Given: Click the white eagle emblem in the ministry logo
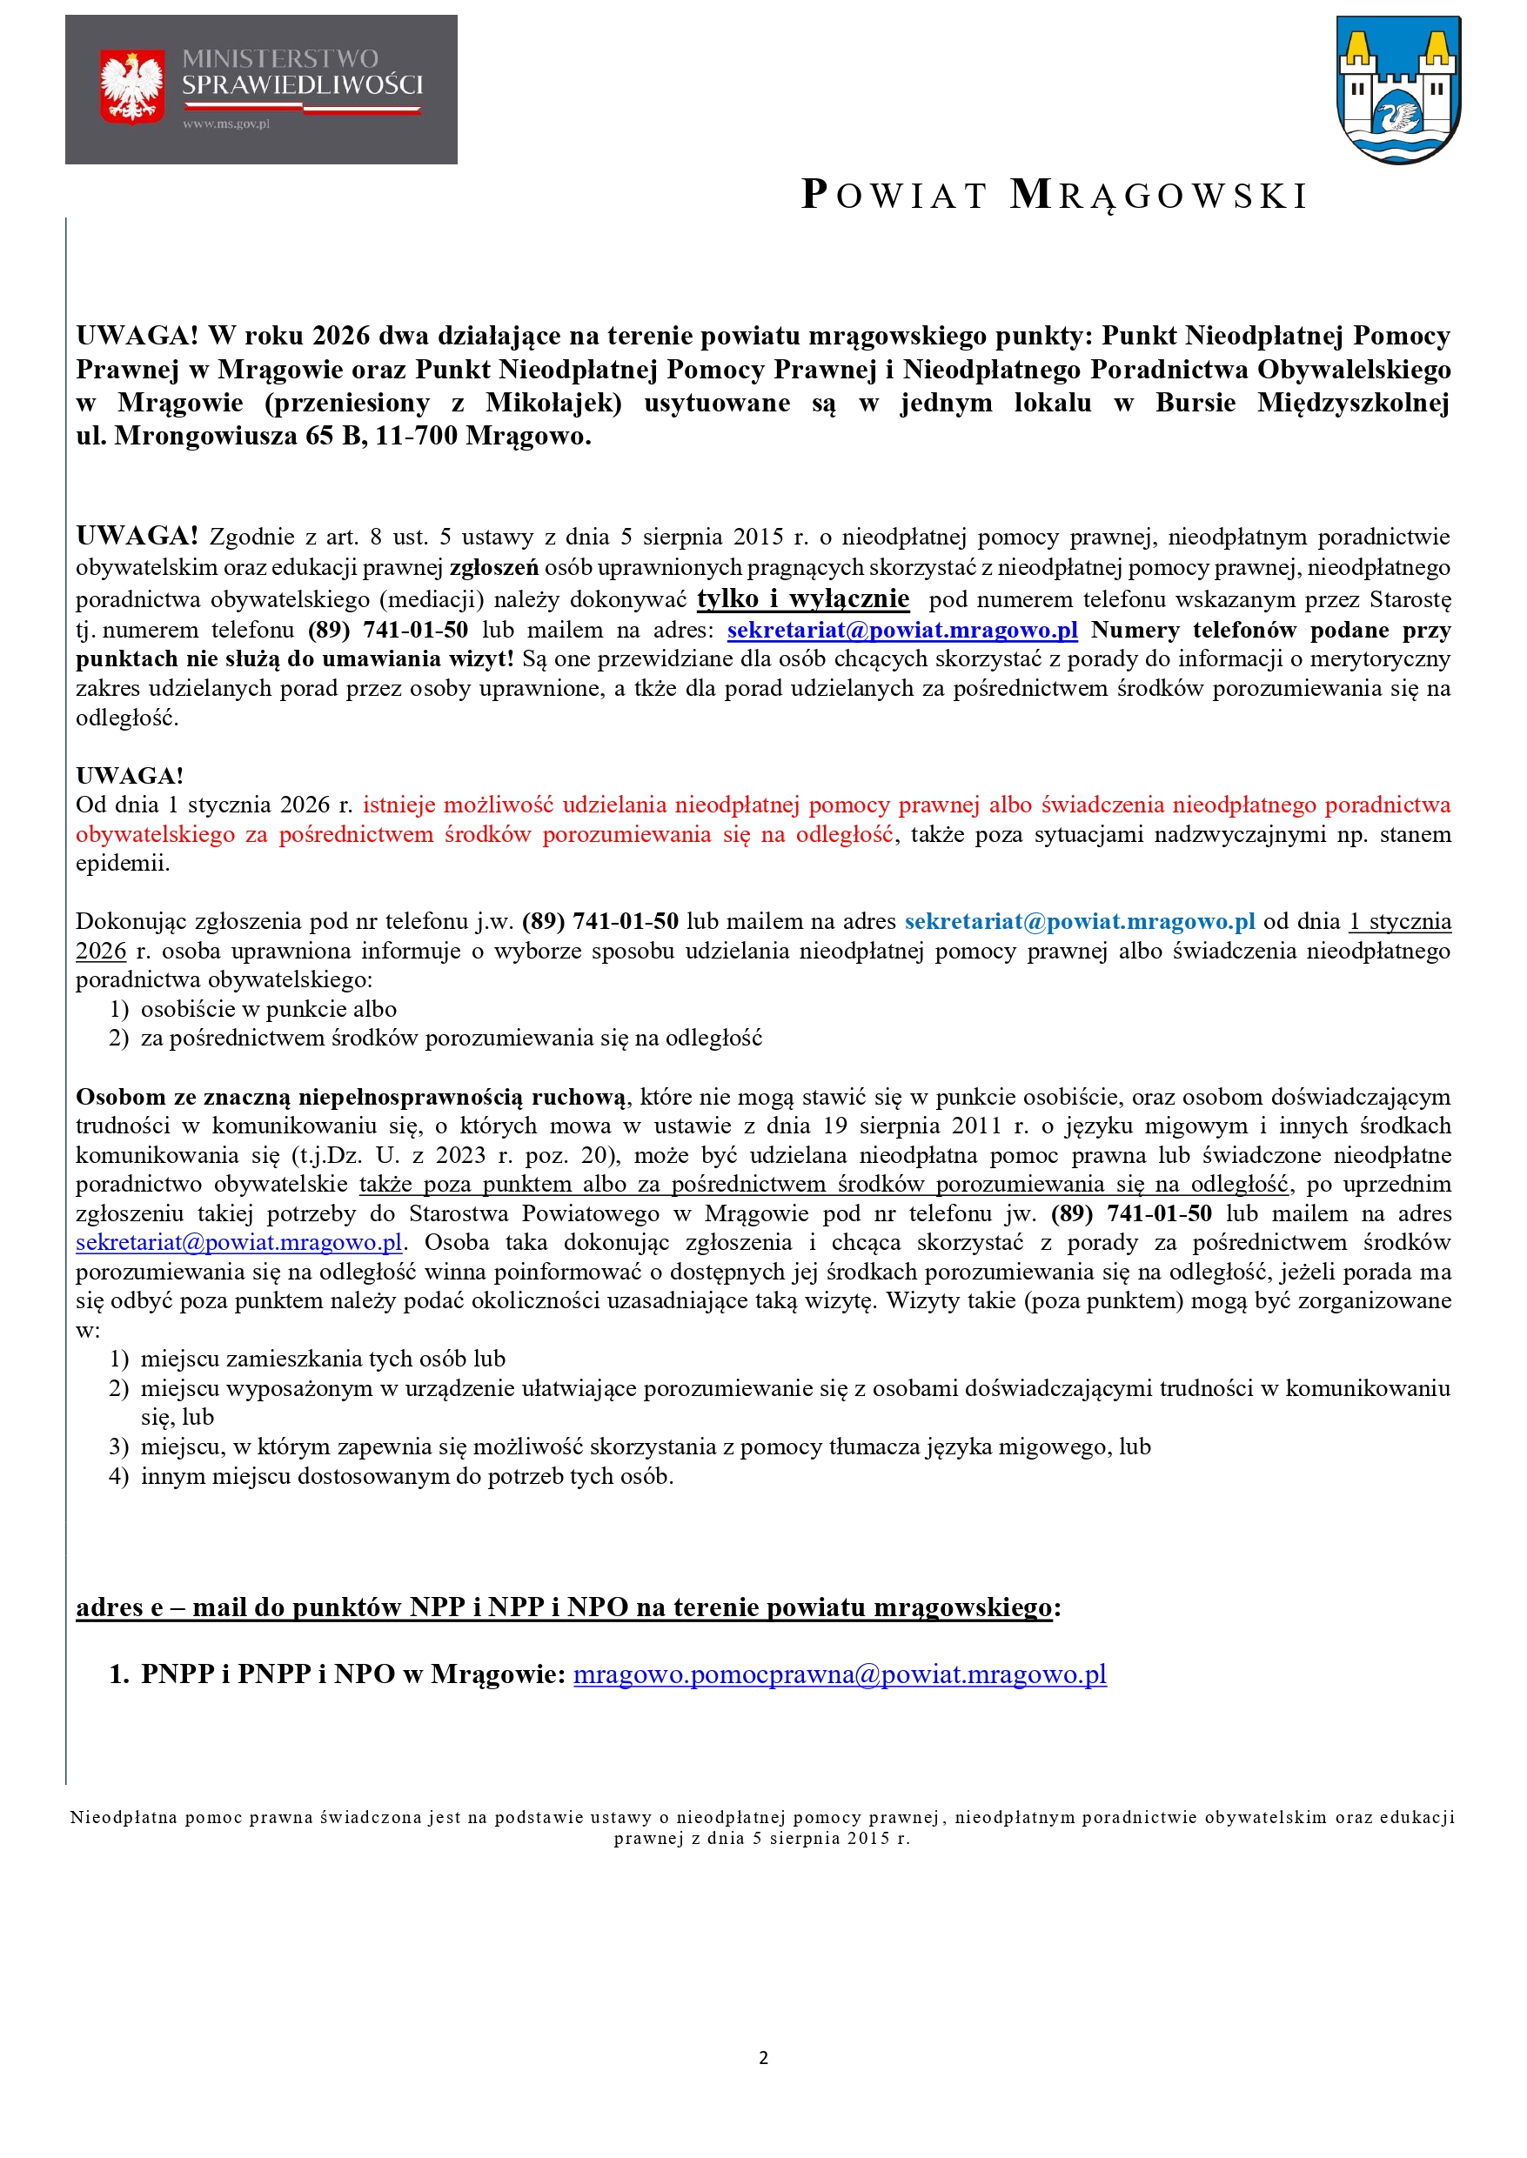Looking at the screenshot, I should coord(131,86).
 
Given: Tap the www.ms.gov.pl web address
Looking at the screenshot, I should coord(225,124).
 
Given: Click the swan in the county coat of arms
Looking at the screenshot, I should coord(1398,117).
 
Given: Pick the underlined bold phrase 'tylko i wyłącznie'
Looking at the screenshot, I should coord(803,598).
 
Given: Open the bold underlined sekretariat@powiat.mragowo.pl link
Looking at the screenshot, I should coord(901,630).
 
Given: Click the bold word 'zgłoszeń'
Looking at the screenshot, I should coord(493,568).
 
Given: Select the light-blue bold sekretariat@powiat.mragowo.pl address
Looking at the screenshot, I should coord(1080,921).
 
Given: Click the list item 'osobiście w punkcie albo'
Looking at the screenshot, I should coord(268,1008).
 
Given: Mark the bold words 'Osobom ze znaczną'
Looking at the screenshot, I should coord(184,1097).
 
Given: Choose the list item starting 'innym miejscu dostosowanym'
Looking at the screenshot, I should coord(406,1476).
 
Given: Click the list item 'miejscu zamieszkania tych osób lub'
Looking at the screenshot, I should coord(323,1358).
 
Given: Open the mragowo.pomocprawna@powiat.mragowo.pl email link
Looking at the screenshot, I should coord(840,1674).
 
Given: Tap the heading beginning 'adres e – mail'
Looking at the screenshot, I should coord(564,1607).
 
